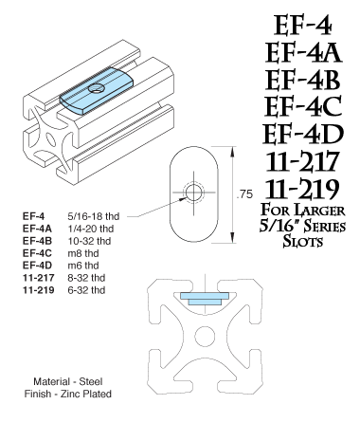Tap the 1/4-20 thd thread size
pyautogui.click(x=91, y=228)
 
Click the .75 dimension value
pyautogui.click(x=244, y=193)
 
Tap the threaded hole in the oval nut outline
pyautogui.click(x=194, y=193)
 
